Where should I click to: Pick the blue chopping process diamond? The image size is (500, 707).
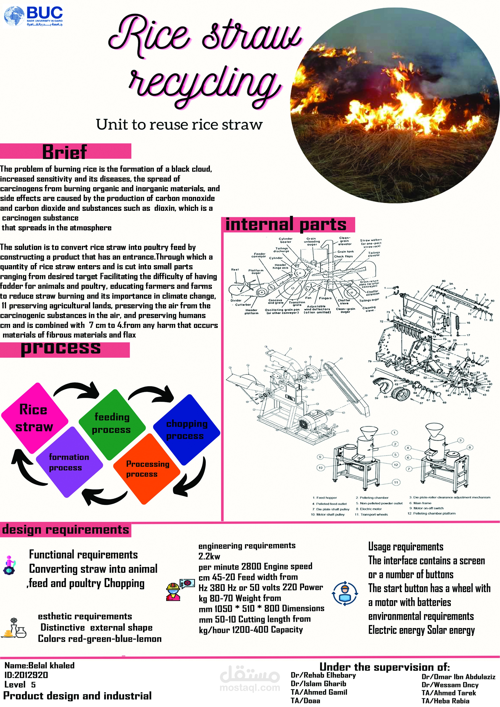tap(186, 429)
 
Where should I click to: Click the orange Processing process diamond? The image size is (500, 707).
tap(147, 469)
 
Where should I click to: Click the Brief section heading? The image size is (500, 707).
tap(65, 152)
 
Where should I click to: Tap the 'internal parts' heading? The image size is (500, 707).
tap(286, 225)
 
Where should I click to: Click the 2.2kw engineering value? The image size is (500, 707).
tap(209, 556)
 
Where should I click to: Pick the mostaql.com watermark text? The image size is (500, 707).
tap(250, 688)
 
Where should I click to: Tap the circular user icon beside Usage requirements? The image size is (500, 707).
tap(345, 593)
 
